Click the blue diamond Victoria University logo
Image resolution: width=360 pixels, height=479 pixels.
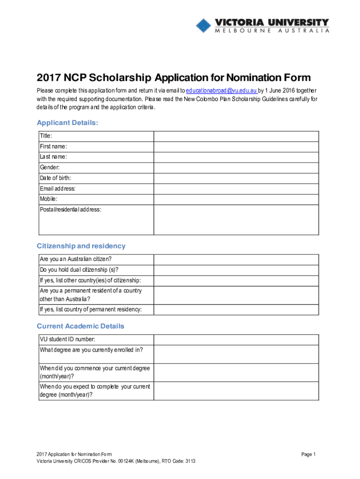(x=203, y=25)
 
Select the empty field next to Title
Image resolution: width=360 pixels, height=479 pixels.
(x=236, y=136)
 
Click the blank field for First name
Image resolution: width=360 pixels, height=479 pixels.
(x=236, y=146)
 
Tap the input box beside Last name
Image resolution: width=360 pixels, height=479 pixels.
(x=236, y=157)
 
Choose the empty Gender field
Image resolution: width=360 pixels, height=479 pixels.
(x=236, y=167)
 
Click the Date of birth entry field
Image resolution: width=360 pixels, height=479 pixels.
(x=236, y=178)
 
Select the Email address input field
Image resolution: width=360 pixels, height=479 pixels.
(x=236, y=189)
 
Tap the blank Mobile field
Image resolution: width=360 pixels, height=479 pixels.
(x=236, y=199)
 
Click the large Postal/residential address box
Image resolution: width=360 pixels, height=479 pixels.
(x=236, y=219)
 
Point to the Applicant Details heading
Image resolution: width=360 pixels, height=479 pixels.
(x=67, y=123)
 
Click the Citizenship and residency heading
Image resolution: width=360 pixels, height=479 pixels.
(x=81, y=246)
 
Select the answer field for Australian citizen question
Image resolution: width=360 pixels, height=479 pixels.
(x=236, y=259)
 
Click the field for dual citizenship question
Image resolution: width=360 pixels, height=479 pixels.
(x=236, y=270)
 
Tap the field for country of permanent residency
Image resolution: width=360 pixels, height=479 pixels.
(x=236, y=310)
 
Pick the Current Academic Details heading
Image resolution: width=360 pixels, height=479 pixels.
(x=80, y=326)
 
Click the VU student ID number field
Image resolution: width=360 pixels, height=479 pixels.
(x=236, y=340)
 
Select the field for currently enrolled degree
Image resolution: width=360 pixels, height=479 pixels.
(x=236, y=354)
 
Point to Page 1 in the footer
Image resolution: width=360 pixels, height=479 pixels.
(x=309, y=454)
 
